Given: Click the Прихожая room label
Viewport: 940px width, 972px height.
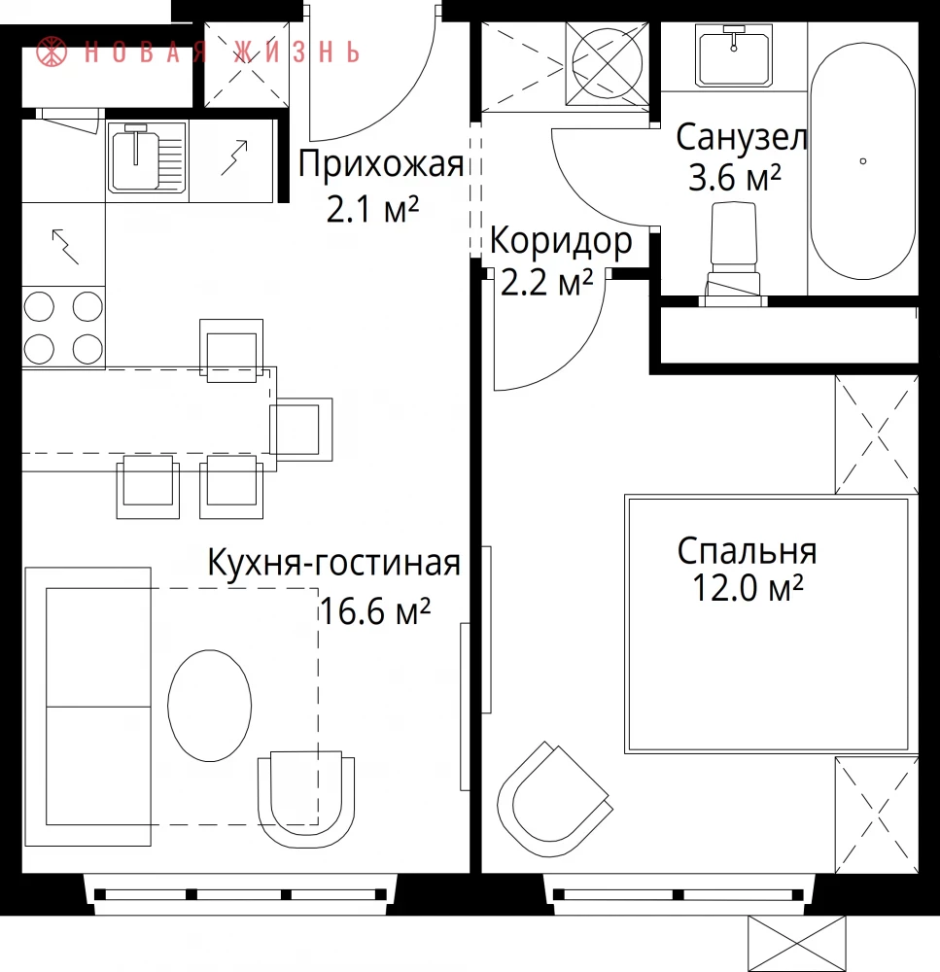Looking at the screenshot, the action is (x=381, y=165).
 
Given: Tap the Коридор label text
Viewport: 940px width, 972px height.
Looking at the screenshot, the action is (x=561, y=242).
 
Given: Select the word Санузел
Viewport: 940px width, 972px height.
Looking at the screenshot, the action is (x=742, y=138).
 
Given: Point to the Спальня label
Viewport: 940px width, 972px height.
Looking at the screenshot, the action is (x=748, y=551).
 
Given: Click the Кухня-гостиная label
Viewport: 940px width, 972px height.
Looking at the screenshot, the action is (x=333, y=563).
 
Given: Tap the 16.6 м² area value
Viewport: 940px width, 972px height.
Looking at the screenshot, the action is (x=374, y=610).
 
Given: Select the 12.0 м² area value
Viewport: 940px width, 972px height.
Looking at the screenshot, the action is (x=748, y=588).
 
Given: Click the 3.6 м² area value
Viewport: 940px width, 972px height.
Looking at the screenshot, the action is (x=734, y=177).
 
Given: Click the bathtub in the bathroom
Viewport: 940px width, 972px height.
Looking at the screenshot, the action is (x=862, y=160).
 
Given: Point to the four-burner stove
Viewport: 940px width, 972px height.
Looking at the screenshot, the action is (x=63, y=328).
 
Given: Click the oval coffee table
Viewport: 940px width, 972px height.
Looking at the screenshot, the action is (x=210, y=706).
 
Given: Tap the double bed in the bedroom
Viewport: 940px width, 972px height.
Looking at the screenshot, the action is (x=769, y=624).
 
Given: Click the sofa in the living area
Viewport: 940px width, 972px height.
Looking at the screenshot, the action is (x=88, y=707).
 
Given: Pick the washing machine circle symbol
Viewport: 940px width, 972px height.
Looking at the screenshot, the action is (x=607, y=63).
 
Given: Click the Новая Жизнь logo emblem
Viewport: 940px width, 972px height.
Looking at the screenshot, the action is (x=52, y=52).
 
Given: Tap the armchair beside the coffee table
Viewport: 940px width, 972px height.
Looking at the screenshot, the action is (x=306, y=800).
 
